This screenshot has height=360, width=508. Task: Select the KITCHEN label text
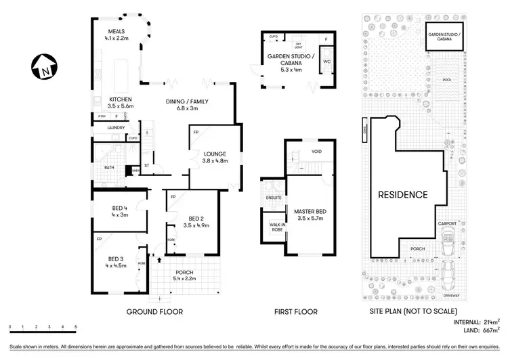point(121,99)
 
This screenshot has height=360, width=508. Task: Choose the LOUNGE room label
point(216,154)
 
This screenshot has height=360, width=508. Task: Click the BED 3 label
point(117,258)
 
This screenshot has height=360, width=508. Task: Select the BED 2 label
point(196,218)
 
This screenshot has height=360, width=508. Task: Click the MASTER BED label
point(310,212)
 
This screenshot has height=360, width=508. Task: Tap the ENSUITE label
point(274,198)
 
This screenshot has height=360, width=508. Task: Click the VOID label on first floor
point(316,152)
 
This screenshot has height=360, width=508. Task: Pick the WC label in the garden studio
point(326,60)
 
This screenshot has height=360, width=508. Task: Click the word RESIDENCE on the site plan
point(402,195)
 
